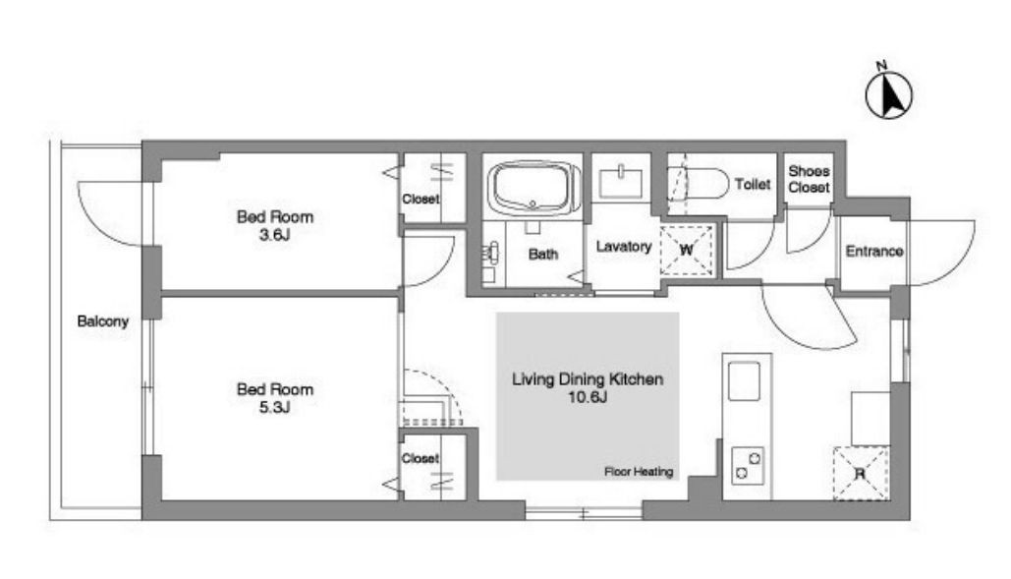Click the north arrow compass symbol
click(888, 93)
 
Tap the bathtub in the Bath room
click(533, 188)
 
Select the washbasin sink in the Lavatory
click(620, 182)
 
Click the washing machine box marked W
click(687, 250)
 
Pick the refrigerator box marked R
click(861, 473)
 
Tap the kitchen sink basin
click(744, 380)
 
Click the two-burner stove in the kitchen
click(748, 466)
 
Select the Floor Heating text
click(639, 471)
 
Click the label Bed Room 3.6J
click(275, 225)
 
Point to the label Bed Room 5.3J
click(275, 398)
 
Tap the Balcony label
click(102, 321)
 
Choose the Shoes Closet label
click(809, 179)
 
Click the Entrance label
click(873, 251)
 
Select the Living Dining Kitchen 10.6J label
click(588, 387)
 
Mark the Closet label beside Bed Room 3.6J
click(421, 200)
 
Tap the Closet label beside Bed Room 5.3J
click(420, 458)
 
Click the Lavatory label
click(624, 247)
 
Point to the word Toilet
click(753, 185)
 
